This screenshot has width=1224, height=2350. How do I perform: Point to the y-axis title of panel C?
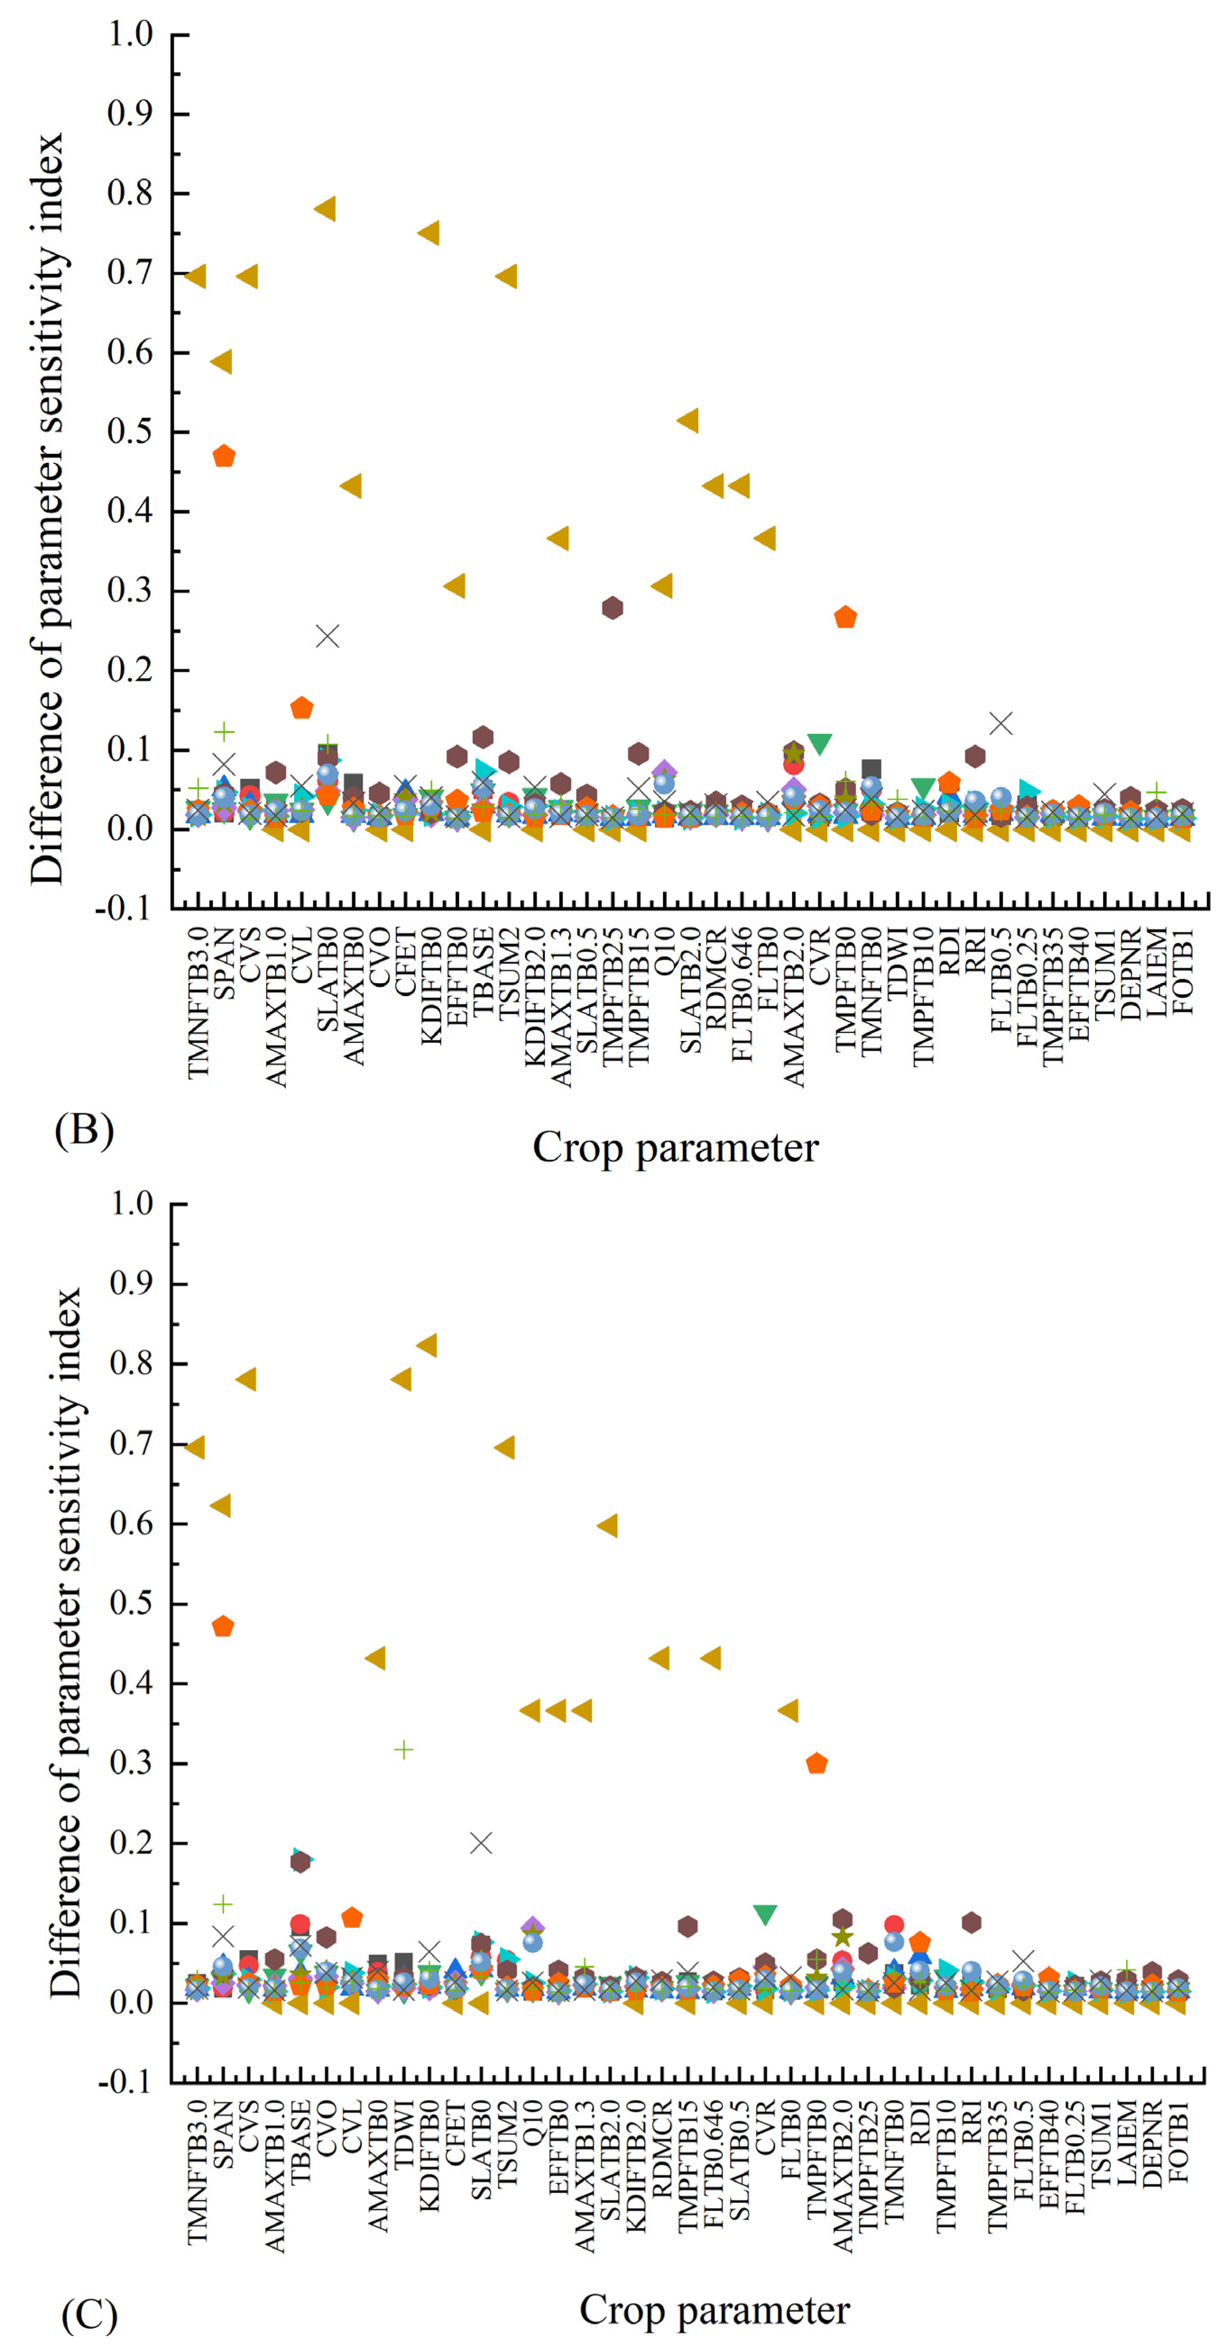[66, 1642]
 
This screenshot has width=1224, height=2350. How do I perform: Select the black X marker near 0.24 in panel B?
[327, 636]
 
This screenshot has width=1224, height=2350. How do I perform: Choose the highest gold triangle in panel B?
[325, 209]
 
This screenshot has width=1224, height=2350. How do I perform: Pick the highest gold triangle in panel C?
[426, 1345]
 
